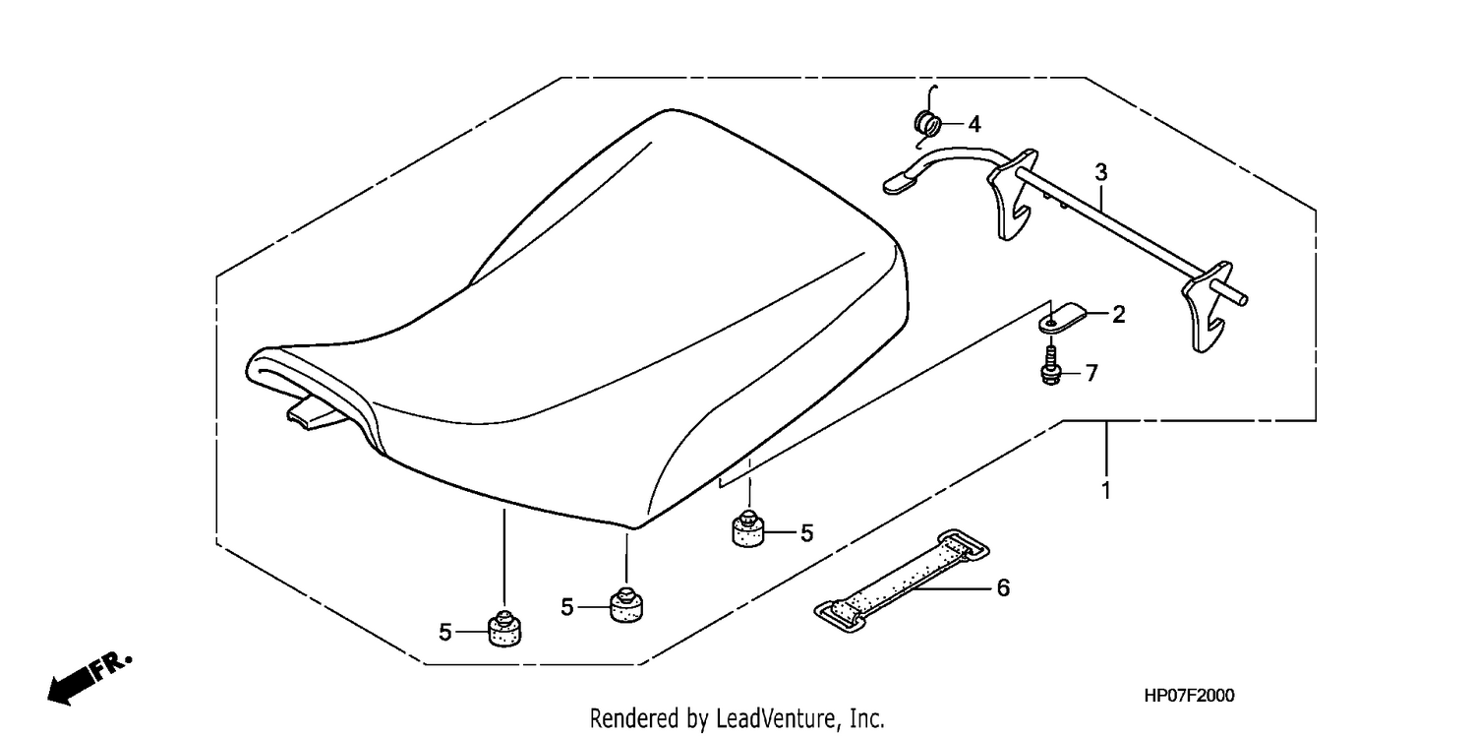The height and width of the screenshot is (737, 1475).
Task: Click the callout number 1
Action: pyautogui.click(x=1106, y=491)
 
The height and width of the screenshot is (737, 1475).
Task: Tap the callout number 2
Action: pyautogui.click(x=1119, y=315)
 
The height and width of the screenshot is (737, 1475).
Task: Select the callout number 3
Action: pyautogui.click(x=1101, y=173)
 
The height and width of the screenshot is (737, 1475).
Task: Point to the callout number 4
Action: pyautogui.click(x=974, y=124)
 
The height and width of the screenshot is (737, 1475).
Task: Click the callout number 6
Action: pyautogui.click(x=1003, y=587)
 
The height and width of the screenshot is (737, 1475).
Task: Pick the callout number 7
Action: pyautogui.click(x=1091, y=374)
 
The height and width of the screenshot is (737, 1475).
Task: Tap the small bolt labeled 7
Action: pyautogui.click(x=1051, y=365)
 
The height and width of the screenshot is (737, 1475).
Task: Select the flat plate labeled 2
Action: pyautogui.click(x=1062, y=317)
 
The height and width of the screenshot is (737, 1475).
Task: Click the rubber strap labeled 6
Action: pyautogui.click(x=902, y=581)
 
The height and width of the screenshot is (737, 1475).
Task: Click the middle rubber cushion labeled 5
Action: pyautogui.click(x=626, y=604)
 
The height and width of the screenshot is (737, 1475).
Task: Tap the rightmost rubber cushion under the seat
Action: pyautogui.click(x=748, y=528)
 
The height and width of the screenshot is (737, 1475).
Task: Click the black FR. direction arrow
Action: pyautogui.click(x=90, y=679)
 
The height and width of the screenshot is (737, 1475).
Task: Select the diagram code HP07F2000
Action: pyautogui.click(x=1189, y=696)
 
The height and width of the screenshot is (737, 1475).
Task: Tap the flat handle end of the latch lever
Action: pyautogui.click(x=900, y=182)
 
